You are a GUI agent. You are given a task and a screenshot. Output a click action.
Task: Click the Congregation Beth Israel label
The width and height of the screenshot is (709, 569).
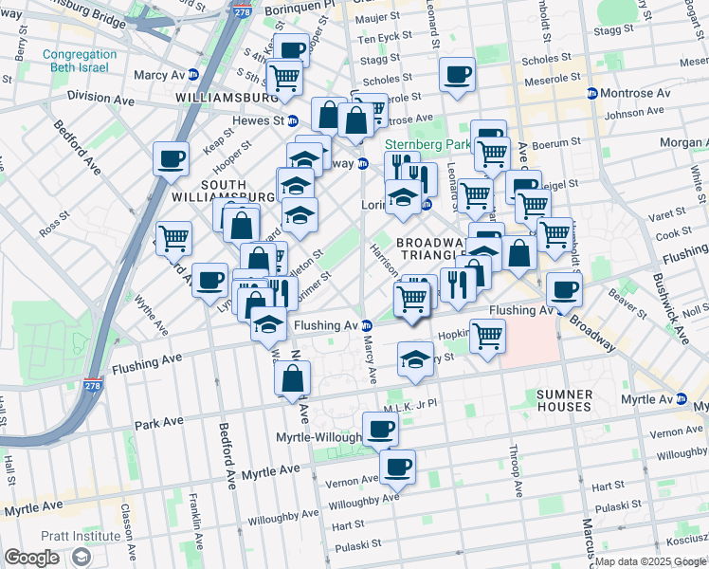(80, 62)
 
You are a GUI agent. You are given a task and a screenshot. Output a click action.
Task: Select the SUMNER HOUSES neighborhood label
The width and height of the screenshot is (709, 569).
(563, 399)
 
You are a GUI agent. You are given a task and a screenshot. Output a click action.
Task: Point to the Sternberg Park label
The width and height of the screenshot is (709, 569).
(427, 145)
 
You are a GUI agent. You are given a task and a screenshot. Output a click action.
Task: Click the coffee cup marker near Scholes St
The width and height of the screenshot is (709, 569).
(458, 74)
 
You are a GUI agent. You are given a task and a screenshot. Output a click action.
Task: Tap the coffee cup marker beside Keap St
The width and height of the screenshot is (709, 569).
(172, 159)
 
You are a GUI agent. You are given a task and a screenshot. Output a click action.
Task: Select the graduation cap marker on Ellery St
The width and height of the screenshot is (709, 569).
(414, 358)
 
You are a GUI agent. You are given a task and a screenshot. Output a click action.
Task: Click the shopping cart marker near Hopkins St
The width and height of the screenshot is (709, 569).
(487, 335)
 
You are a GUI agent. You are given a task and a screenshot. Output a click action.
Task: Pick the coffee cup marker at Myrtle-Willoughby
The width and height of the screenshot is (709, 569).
(380, 428)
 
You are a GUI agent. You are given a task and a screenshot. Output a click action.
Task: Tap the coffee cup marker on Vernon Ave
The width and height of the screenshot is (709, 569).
(397, 466)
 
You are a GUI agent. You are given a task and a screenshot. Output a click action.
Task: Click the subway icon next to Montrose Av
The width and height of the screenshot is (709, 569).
(592, 93)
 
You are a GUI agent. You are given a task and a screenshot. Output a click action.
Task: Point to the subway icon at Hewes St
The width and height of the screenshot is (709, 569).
(293, 120)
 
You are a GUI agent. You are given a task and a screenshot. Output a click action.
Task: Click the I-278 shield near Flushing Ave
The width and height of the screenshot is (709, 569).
(92, 385)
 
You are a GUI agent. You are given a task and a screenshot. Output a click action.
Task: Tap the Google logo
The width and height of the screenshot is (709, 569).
(32, 558)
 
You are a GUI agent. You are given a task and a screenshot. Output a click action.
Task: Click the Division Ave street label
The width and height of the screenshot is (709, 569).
(100, 98)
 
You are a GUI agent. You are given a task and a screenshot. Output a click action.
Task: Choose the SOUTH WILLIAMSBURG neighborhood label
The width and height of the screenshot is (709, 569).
(222, 190)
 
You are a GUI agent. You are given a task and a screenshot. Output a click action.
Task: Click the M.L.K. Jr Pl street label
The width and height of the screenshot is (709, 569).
(409, 405)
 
